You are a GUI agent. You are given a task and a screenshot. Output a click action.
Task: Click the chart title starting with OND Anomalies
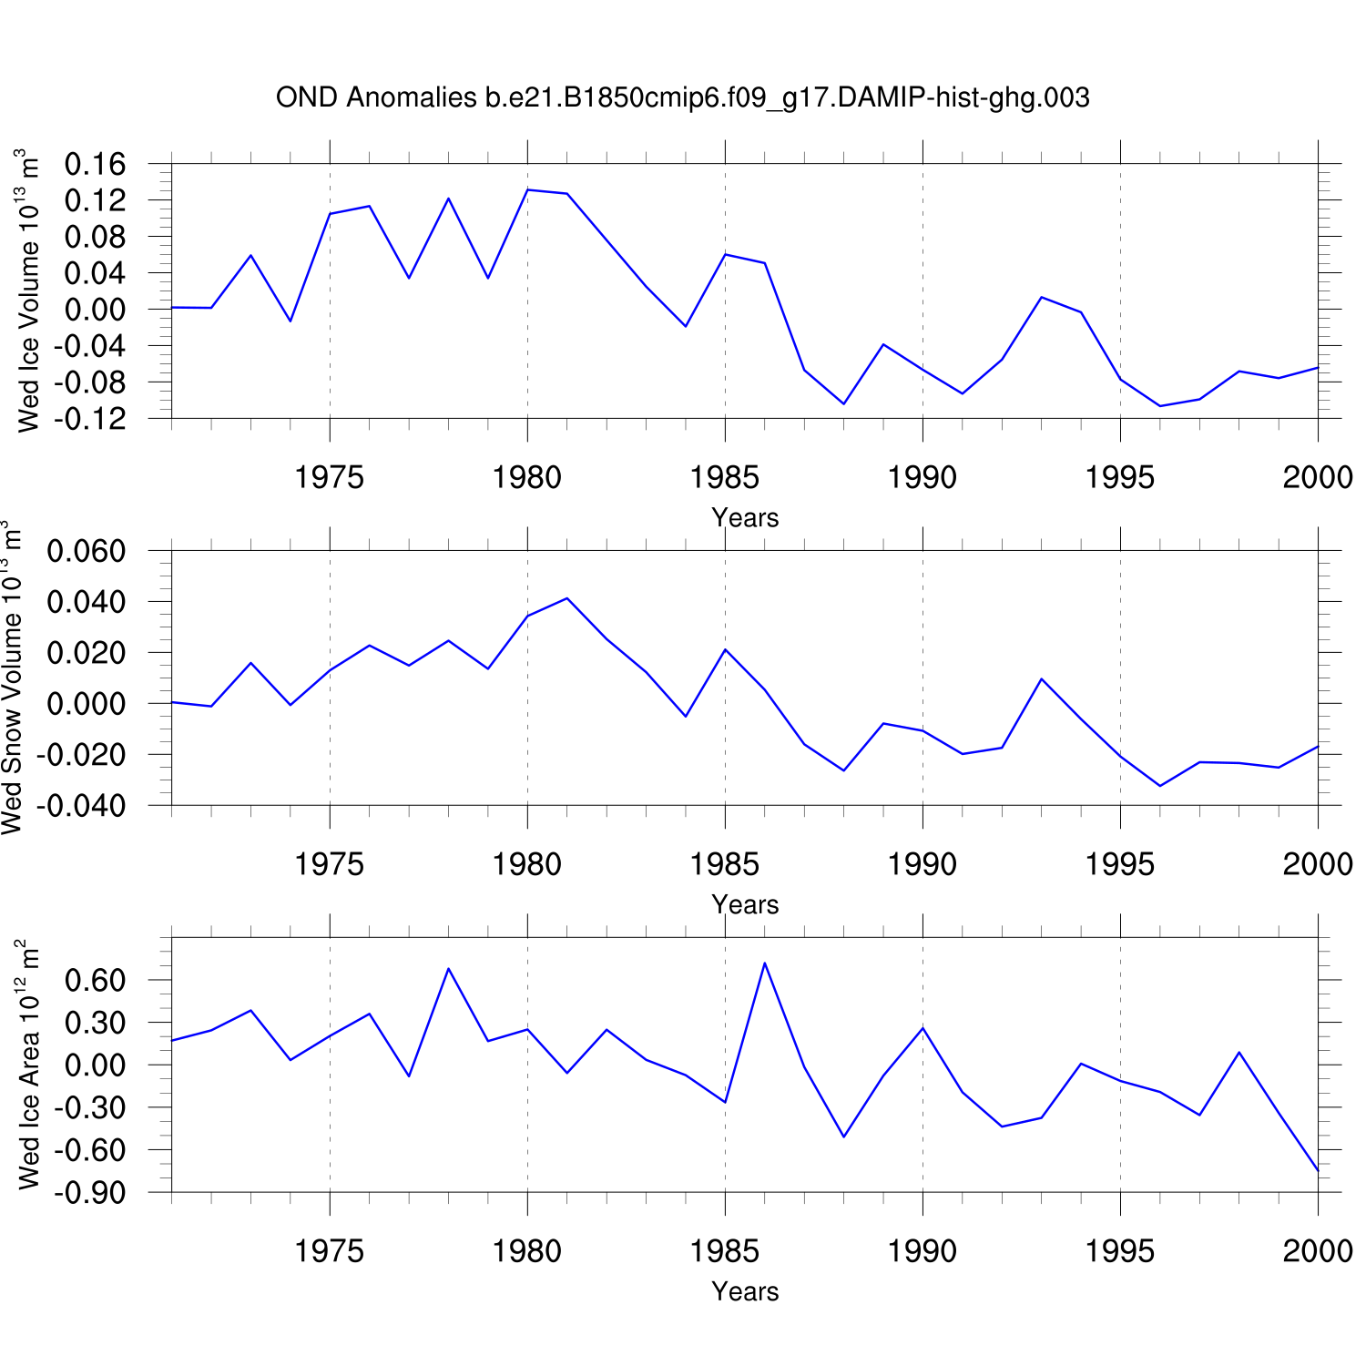tap(682, 97)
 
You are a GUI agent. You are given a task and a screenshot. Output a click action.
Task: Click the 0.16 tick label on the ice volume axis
tap(95, 165)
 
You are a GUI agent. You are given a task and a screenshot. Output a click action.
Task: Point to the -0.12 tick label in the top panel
tap(90, 419)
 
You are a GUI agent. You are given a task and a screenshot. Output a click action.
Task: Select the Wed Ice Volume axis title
tap(28, 291)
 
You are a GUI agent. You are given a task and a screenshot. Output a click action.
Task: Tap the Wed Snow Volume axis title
tap(12, 678)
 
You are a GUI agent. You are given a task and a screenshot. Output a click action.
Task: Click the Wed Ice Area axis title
tap(28, 1065)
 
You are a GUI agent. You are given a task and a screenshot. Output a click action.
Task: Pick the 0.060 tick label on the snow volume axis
tap(86, 552)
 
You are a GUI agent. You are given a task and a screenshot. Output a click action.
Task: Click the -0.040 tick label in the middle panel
tap(81, 806)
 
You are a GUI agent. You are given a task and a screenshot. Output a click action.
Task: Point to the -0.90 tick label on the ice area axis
tap(90, 1193)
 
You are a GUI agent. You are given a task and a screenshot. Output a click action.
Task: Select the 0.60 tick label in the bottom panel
tap(95, 981)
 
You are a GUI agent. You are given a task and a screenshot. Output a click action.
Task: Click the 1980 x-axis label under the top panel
tap(527, 477)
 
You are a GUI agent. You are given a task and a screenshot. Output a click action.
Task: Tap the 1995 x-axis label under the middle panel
tap(1120, 864)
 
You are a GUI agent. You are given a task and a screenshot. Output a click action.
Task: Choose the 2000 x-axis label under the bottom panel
tap(1318, 1251)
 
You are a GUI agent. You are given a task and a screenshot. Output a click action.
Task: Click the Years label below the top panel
tap(745, 517)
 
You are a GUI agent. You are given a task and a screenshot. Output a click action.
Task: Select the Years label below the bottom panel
tap(745, 1291)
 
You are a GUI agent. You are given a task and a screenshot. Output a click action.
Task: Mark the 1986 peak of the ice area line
tap(765, 963)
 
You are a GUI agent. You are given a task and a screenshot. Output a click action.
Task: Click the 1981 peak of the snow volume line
tap(567, 598)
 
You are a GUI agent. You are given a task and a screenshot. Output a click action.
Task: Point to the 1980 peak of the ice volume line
tap(528, 189)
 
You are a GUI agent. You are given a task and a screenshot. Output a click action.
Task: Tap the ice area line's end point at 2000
tap(1318, 1170)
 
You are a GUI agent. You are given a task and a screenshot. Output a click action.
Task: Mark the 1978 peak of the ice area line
tap(448, 968)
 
